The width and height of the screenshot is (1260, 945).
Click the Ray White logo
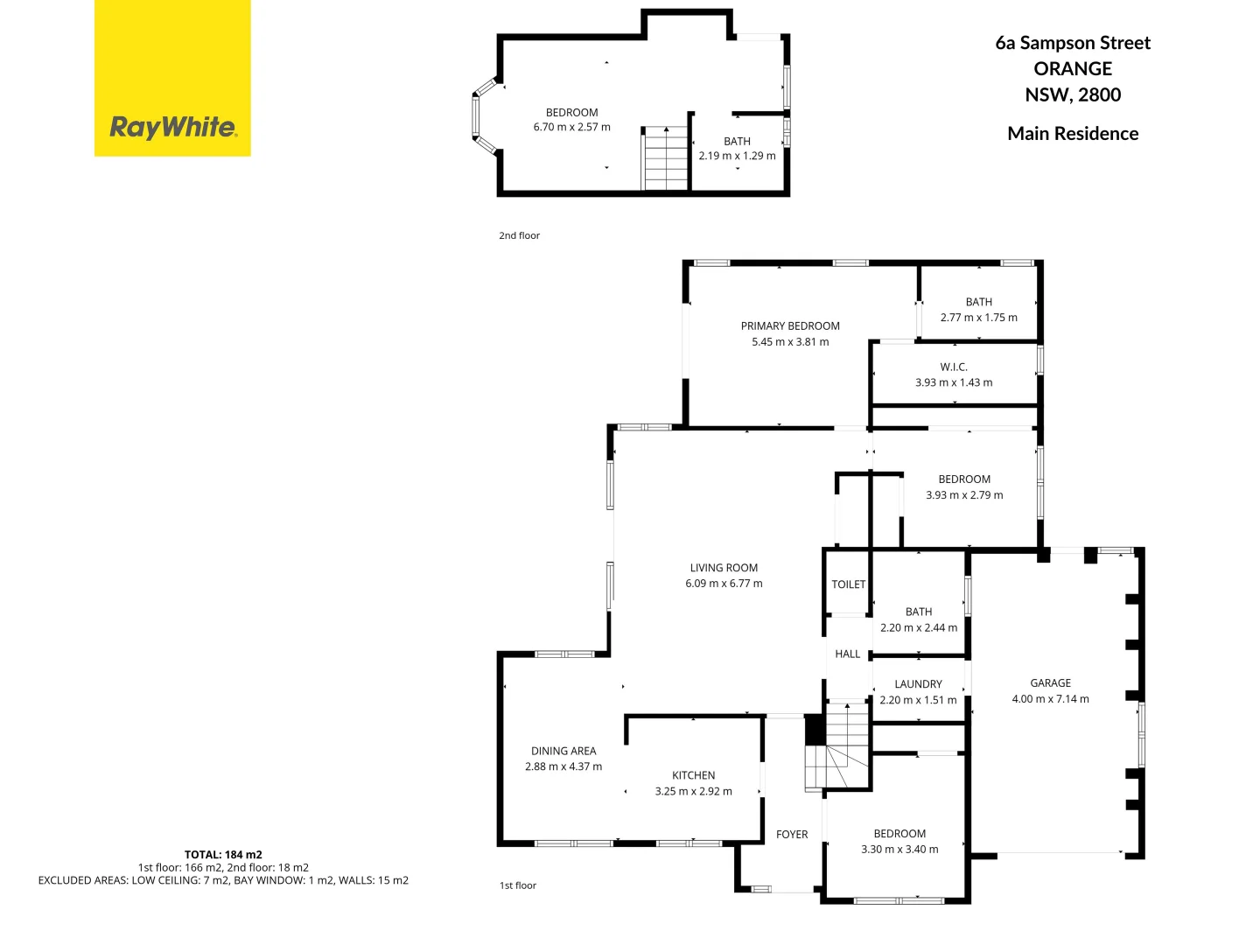172,128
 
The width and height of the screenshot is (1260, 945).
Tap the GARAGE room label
1050,683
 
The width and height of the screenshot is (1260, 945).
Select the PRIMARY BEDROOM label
790,326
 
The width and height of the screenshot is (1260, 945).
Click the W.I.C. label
954,367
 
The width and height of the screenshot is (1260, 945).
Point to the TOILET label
848,584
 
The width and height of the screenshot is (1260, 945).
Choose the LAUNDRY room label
918,684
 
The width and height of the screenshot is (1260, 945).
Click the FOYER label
792,835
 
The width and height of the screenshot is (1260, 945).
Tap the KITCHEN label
693,775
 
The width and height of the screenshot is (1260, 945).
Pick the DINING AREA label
563,751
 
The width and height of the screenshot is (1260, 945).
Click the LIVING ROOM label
724,568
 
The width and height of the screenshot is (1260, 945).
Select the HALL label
847,654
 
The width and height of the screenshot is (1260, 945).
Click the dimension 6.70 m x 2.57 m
572,128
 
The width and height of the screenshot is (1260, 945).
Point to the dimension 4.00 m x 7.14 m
1050,699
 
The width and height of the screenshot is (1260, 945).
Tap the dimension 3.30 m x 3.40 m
899,850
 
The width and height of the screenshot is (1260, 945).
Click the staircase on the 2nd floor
666,158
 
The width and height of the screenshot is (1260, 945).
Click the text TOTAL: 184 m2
223,855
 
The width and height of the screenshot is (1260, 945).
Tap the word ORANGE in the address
1073,69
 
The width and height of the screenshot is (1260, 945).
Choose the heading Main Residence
1073,134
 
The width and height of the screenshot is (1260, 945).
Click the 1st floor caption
518,885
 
